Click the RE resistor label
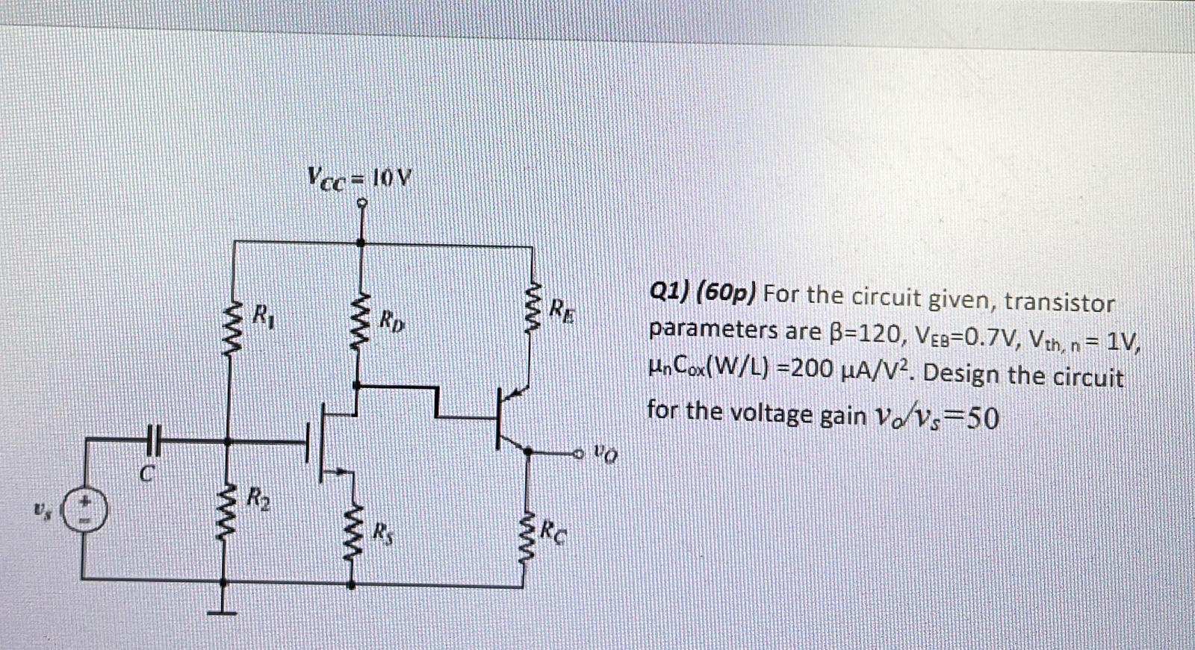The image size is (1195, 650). tap(563, 309)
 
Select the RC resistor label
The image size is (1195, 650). tap(553, 531)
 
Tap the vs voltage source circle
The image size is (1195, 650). tap(84, 510)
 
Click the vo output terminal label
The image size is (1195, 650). tap(606, 451)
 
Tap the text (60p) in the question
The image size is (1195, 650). tap(725, 293)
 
